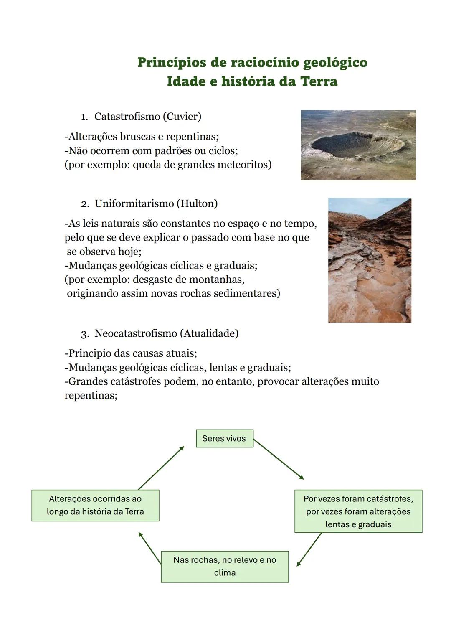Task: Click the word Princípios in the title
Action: [x=172, y=63]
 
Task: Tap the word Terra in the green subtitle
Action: [x=318, y=81]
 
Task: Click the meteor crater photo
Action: [x=358, y=145]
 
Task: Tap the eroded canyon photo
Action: [x=370, y=260]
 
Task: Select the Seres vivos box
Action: [x=225, y=439]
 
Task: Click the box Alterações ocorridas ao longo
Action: [x=95, y=505]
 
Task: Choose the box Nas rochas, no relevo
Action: [x=225, y=567]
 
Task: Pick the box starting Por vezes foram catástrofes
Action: [x=358, y=511]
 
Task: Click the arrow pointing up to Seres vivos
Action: [x=161, y=468]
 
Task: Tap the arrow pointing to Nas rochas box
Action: [x=309, y=549]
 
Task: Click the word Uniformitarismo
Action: [x=134, y=204]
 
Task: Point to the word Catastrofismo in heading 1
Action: [x=127, y=117]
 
